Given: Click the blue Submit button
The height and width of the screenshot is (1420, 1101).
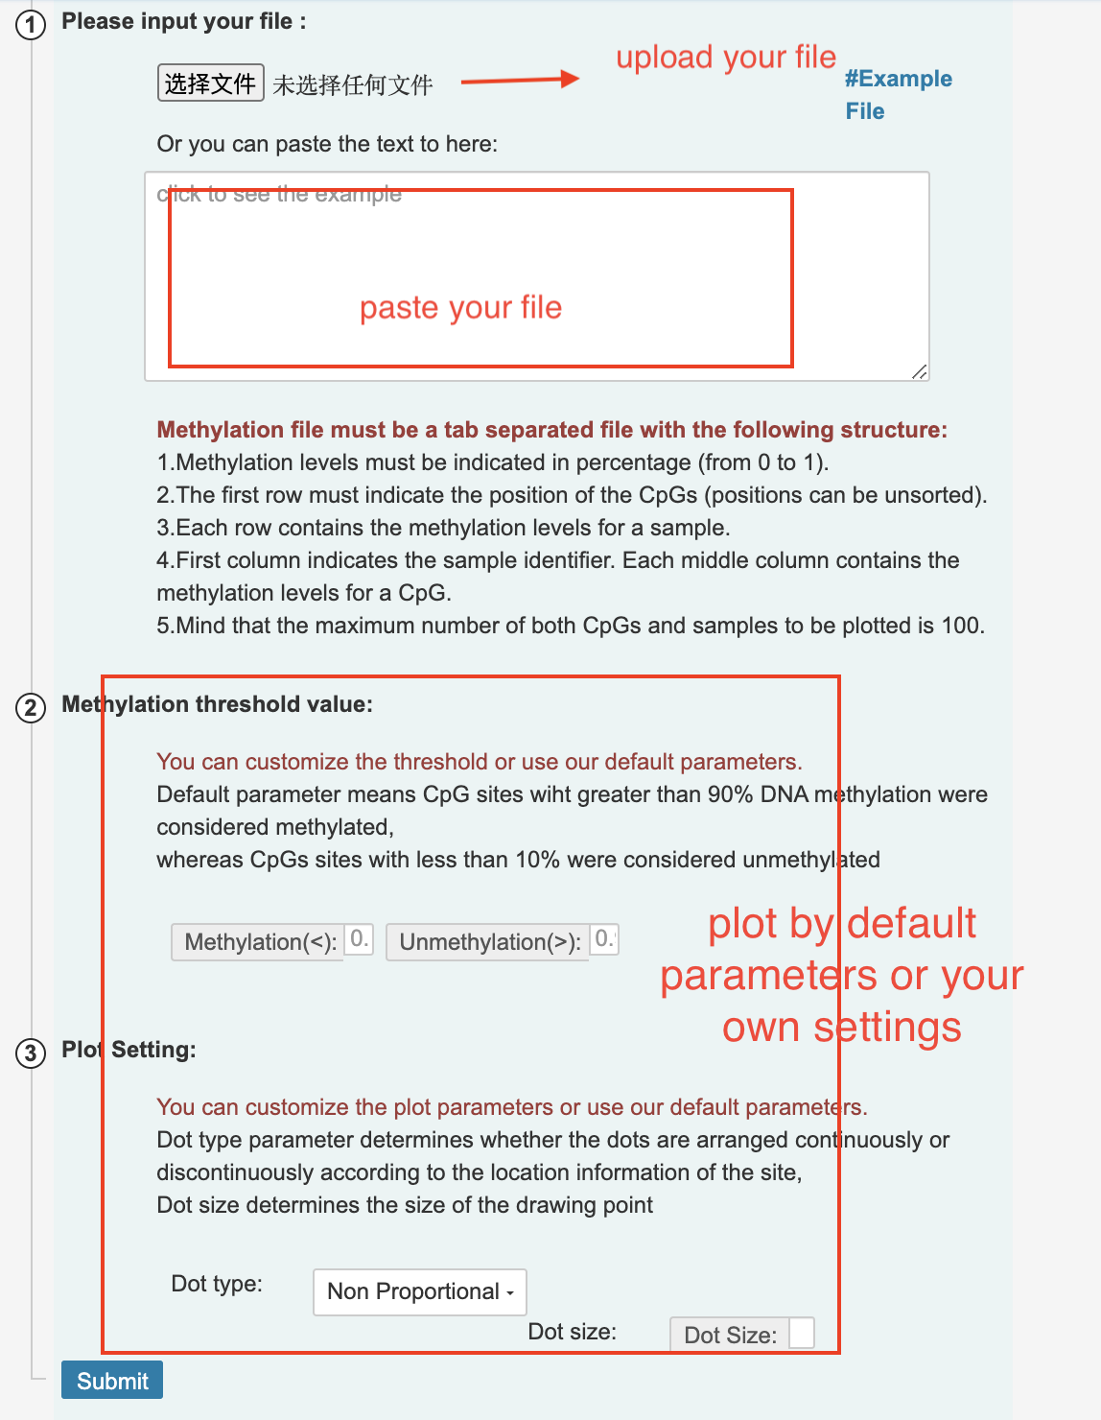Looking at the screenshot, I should tap(112, 1380).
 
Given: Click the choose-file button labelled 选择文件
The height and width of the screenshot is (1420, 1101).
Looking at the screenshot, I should tap(210, 83).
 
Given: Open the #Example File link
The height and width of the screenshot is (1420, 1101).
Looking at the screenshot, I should tap(898, 94).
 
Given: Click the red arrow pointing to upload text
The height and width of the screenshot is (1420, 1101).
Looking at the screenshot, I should tap(520, 80).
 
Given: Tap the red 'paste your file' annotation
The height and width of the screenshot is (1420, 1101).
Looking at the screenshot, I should tap(460, 307).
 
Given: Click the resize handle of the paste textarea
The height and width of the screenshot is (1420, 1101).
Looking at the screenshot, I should tap(920, 371).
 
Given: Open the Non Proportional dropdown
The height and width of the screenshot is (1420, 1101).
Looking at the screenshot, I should tap(420, 1291).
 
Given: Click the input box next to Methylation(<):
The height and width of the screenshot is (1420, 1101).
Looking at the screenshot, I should tap(359, 938).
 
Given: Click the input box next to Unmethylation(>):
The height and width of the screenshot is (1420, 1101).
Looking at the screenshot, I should tap(604, 938).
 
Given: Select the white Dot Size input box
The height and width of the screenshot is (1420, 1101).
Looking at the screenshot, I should tap(801, 1333).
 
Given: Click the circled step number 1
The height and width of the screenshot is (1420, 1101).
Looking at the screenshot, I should tap(31, 24).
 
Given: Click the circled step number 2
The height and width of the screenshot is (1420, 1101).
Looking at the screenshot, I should tap(31, 708).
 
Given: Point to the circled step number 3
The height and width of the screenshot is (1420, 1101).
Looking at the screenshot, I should tap(31, 1053).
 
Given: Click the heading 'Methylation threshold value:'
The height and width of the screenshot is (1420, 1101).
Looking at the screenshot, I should tap(217, 704).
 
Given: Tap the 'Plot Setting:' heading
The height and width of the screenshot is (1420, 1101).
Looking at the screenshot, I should tap(129, 1050).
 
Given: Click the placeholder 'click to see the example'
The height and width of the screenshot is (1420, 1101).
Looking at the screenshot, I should tap(279, 194).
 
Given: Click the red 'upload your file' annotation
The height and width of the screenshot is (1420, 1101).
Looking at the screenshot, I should tap(725, 57).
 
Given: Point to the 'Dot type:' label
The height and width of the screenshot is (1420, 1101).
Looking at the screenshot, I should tap(217, 1284).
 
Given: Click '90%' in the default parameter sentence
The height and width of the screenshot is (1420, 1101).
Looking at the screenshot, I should tap(730, 794).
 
